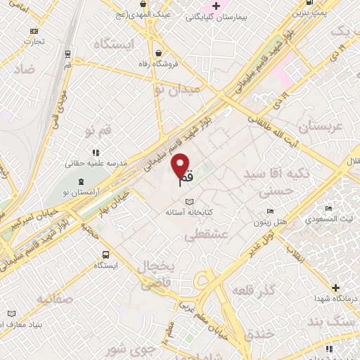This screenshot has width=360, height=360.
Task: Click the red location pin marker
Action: pyautogui.click(x=182, y=165)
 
